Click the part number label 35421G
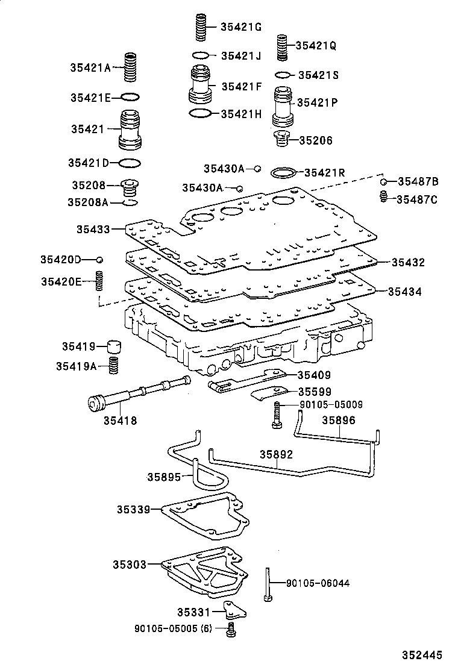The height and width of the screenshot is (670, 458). [240, 27]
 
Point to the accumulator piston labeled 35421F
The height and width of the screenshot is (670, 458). [200, 87]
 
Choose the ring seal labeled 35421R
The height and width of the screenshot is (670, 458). [283, 173]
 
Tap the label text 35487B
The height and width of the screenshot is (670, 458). [417, 182]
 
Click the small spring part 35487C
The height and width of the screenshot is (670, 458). [382, 196]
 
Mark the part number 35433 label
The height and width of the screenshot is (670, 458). [93, 229]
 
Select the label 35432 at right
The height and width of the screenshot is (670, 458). [408, 263]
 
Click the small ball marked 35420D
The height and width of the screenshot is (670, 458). [100, 259]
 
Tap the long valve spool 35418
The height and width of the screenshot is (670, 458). [139, 395]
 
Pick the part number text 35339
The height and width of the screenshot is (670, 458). [133, 509]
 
